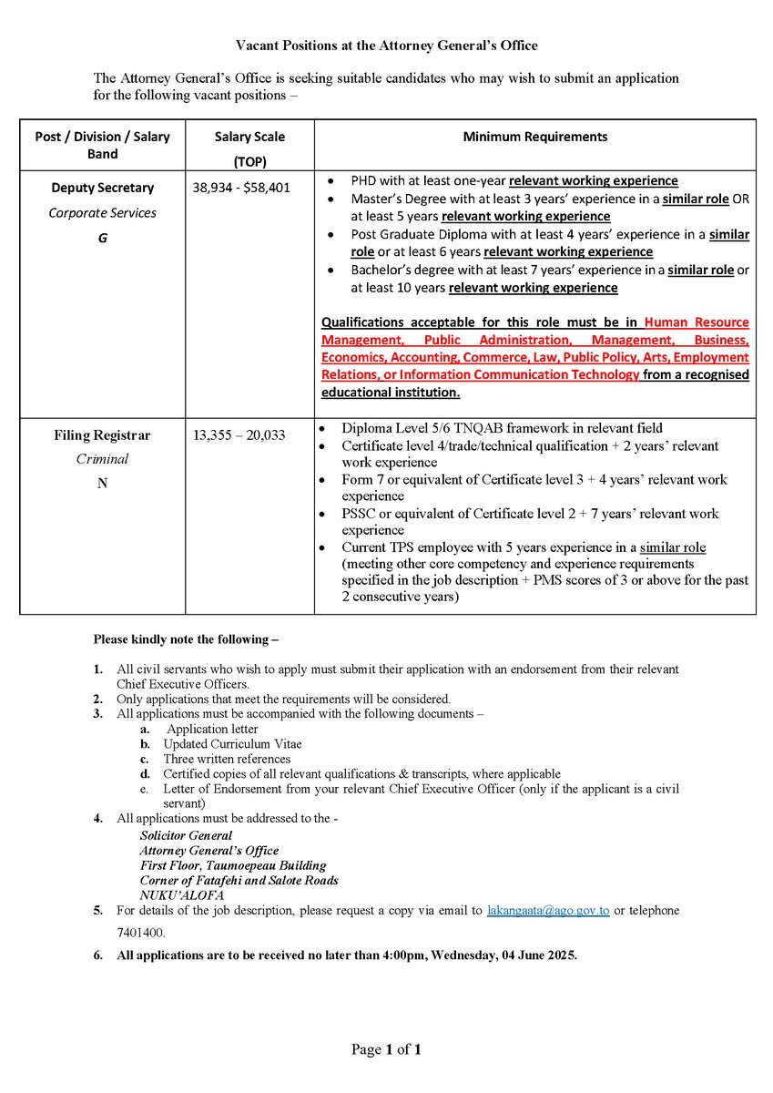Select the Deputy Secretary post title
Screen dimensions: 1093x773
click(102, 188)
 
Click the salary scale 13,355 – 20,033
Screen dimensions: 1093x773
click(239, 435)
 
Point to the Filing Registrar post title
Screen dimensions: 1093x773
click(102, 435)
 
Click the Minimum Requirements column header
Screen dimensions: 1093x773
click(534, 137)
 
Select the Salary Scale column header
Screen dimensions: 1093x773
click(249, 137)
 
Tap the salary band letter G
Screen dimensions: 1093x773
click(102, 238)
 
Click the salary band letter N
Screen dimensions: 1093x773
click(102, 484)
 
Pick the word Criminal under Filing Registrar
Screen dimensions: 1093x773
click(102, 459)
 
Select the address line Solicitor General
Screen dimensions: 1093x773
click(186, 835)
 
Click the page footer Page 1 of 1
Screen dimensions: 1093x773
click(386, 1050)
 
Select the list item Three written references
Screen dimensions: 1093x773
click(227, 759)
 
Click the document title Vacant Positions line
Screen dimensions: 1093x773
click(386, 45)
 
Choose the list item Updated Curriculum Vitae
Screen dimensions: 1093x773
click(232, 744)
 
